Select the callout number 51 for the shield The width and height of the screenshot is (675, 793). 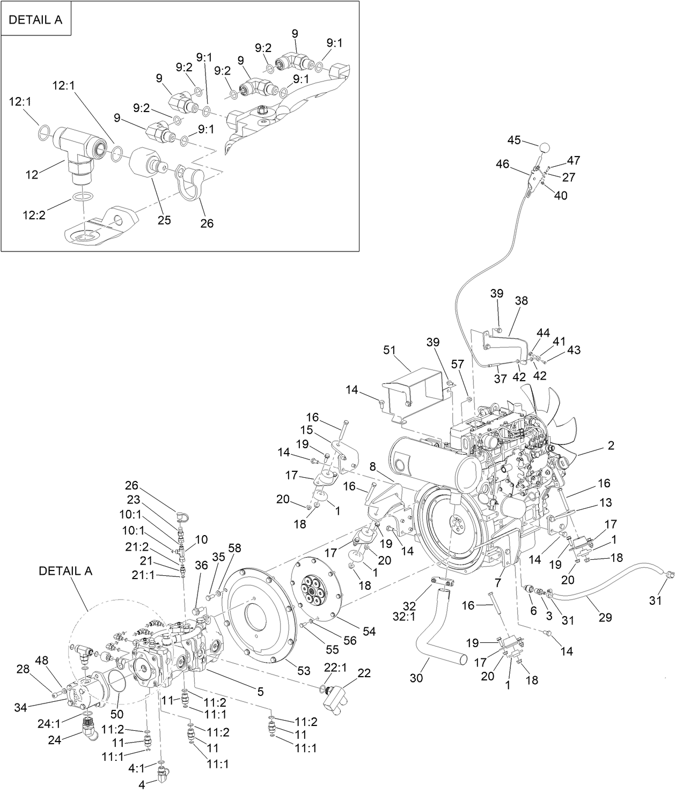click(390, 350)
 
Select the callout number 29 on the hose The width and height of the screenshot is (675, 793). click(605, 617)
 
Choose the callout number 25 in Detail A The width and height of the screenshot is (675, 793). click(164, 220)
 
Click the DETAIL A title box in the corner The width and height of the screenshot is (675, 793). click(36, 20)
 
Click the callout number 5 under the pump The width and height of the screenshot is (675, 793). click(260, 692)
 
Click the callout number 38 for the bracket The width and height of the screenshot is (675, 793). click(521, 301)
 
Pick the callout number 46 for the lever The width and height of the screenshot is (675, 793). click(503, 164)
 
